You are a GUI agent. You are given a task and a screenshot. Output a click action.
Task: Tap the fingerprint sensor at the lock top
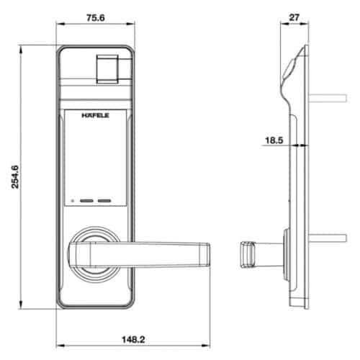coord(107,66)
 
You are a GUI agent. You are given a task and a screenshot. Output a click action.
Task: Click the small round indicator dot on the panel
coord(73,202)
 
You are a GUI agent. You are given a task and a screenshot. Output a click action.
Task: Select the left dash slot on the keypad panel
coord(87,202)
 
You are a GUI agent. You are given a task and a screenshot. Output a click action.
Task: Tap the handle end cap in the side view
coord(246,256)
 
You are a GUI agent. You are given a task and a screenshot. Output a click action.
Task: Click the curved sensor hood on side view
coord(288,68)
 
